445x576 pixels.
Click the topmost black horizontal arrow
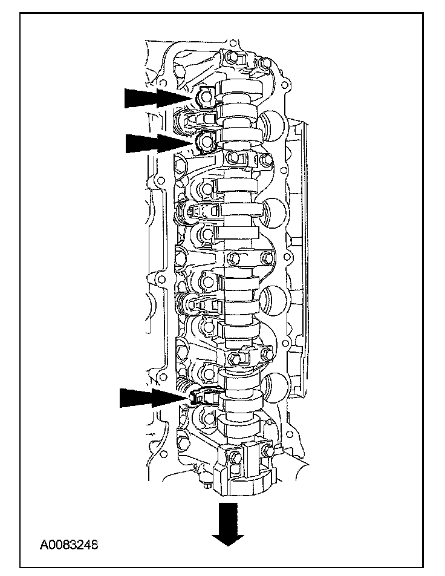(x=158, y=99)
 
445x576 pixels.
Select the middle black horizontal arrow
(x=159, y=143)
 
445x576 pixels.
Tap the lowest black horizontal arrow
(x=154, y=398)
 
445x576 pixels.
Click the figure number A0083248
(x=69, y=544)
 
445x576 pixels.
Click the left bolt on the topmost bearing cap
(x=232, y=57)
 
